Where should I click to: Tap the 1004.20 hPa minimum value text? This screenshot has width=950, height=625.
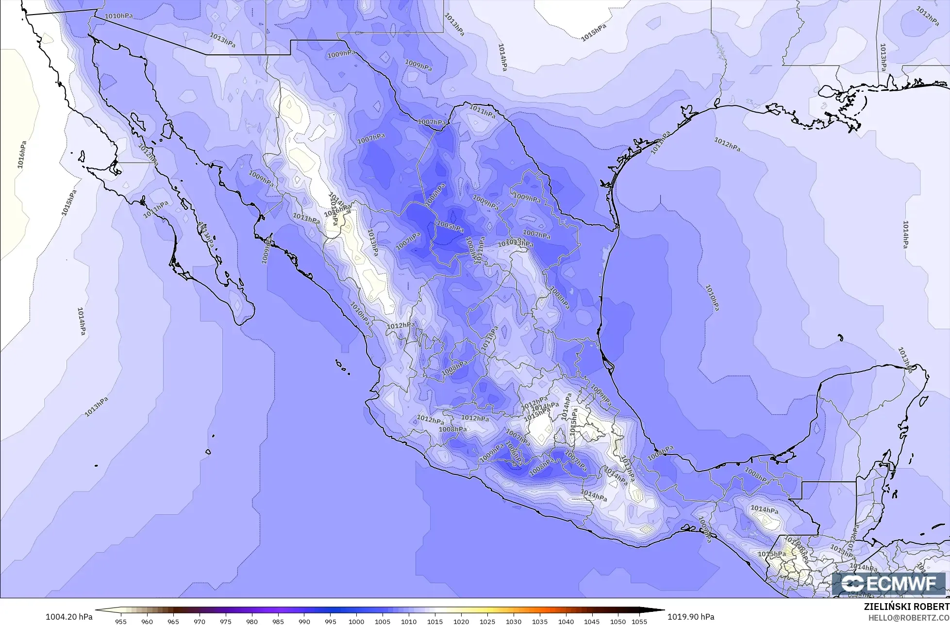[68, 617]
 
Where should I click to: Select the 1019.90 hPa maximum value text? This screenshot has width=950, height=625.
[691, 617]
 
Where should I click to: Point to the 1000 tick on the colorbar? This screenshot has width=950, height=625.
[356, 621]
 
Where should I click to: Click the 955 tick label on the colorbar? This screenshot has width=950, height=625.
[121, 621]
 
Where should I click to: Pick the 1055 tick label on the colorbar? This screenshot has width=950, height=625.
[640, 621]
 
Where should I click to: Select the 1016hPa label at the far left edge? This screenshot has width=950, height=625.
[22, 154]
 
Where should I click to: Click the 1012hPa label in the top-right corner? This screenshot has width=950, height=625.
[928, 17]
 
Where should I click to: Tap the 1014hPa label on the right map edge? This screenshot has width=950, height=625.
[905, 234]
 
